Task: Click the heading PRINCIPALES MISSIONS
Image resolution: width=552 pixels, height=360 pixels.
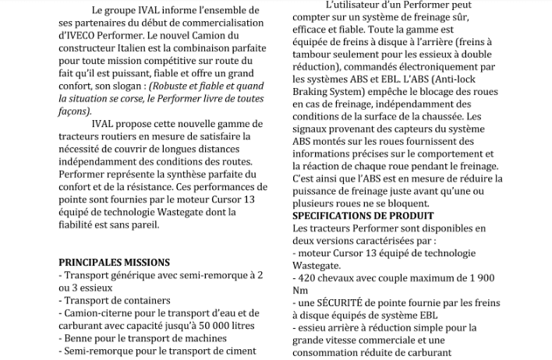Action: coord(115,263)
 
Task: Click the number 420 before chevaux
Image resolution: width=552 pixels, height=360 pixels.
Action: coord(310,277)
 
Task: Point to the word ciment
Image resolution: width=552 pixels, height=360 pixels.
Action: coord(239,351)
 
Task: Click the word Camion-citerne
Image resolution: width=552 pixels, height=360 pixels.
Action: coord(105,313)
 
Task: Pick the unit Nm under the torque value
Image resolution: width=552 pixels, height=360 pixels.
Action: coord(300,290)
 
